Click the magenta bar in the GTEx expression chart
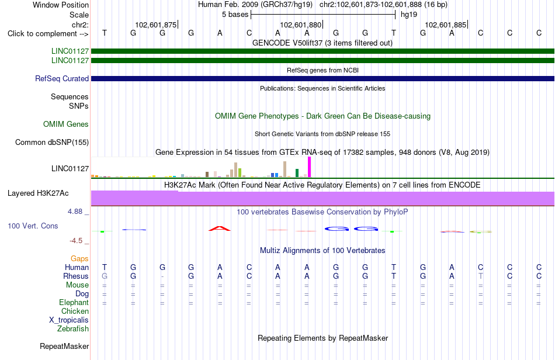310,167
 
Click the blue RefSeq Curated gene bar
323,78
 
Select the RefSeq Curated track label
62,78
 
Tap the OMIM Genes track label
66,124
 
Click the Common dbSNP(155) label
52,142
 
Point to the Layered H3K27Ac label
38,193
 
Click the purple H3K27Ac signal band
323,199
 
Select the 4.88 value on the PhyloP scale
75,212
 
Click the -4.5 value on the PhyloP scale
76,241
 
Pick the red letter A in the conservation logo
220,229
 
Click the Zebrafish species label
73,329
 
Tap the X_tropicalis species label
69,320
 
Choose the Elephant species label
74,303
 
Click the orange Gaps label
79,259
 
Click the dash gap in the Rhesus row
162,276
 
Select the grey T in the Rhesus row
480,276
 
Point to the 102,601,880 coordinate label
300,25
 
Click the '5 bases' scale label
235,15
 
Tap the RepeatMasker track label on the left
64,346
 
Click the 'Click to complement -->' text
48,34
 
